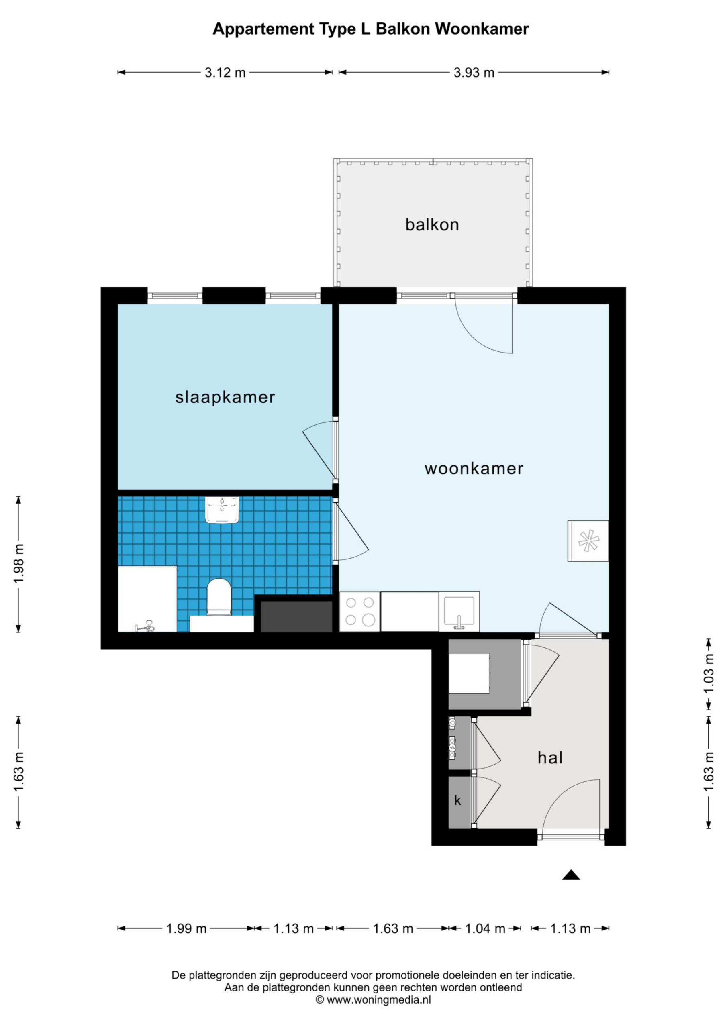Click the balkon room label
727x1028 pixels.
(432, 224)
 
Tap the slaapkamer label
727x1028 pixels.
(225, 397)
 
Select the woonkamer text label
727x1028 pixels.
(474, 469)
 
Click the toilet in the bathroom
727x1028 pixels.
(219, 597)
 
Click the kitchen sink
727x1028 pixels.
(459, 612)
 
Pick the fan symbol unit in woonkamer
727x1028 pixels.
(588, 541)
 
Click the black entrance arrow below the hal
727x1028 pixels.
(571, 875)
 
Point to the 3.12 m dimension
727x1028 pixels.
(225, 73)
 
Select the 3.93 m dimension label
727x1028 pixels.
(474, 73)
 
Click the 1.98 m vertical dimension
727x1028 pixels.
(19, 564)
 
